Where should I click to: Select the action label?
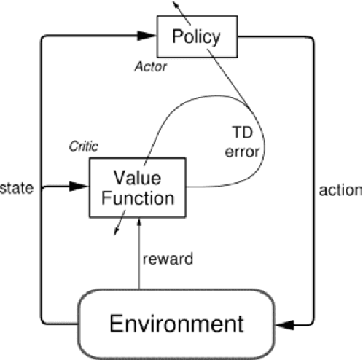pyautogui.click(x=340, y=190)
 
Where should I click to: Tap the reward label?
pyautogui.click(x=167, y=258)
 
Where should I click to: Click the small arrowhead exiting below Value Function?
pyautogui.click(x=115, y=231)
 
